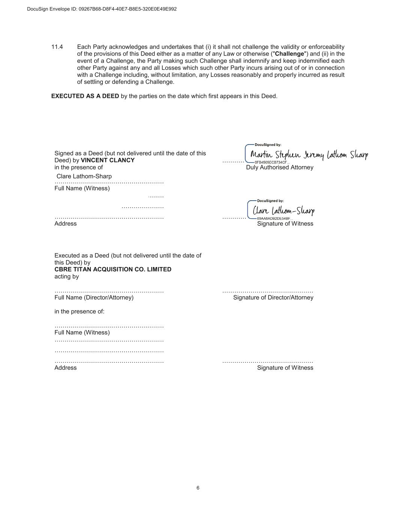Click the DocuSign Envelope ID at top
(102, 9)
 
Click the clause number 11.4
(57, 47)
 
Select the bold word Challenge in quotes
(289, 54)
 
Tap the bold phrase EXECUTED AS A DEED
(85, 96)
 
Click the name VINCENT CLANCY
(108, 160)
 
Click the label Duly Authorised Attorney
(279, 167)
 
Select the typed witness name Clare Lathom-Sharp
(84, 176)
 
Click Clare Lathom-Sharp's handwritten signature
(284, 210)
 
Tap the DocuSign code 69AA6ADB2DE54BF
(274, 218)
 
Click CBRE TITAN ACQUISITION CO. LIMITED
(113, 269)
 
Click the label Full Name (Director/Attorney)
(94, 297)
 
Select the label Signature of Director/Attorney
(273, 297)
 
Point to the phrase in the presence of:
(79, 311)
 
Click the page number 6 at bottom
(198, 488)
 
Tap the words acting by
(66, 276)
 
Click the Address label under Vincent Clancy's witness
(65, 224)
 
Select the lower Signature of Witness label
(285, 368)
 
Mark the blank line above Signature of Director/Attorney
(268, 291)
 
